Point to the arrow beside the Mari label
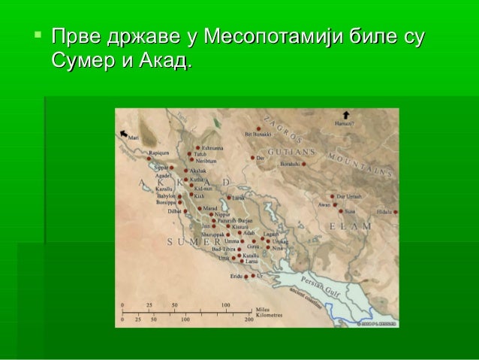click(x=122, y=132)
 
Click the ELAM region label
click(x=351, y=226)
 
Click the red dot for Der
click(x=253, y=158)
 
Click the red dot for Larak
click(x=228, y=198)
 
